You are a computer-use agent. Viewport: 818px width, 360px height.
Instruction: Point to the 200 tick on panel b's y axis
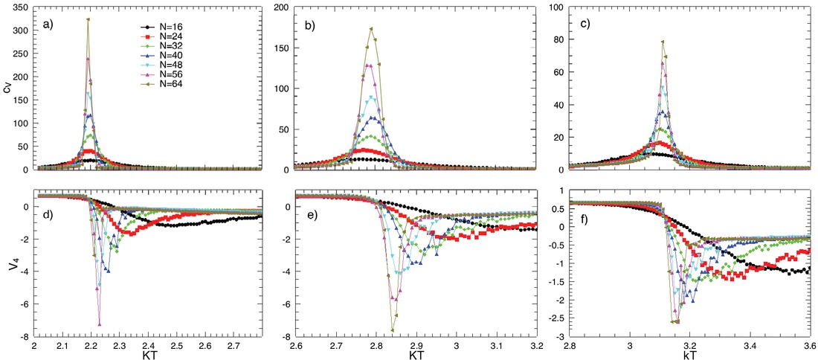coord(283,7)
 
